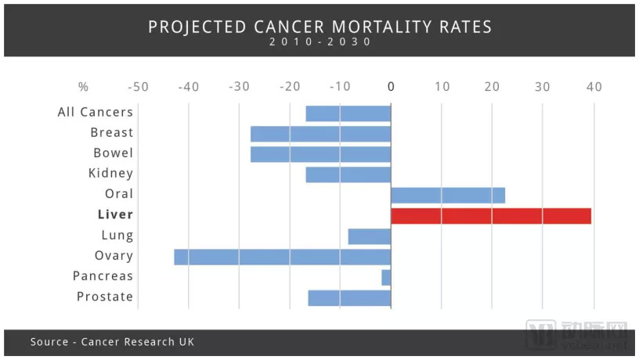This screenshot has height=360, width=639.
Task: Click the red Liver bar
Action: [491, 215]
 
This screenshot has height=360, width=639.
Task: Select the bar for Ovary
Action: [282, 257]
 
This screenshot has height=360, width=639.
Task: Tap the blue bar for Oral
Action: [448, 195]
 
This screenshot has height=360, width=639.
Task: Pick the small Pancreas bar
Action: [386, 277]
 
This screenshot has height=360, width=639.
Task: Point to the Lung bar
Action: [369, 236]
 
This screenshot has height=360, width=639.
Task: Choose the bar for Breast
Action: [320, 134]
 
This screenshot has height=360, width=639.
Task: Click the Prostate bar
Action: [349, 298]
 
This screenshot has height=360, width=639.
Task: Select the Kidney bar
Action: [348, 175]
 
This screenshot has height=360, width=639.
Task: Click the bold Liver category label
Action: [115, 214]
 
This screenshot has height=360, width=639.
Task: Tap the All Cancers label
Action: [96, 112]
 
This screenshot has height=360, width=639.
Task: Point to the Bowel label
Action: [114, 153]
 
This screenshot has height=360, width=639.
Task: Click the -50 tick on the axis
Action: [138, 87]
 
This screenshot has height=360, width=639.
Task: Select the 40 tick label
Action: [594, 87]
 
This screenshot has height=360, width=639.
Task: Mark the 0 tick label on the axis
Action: [391, 87]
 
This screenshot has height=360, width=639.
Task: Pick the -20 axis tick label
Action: [290, 87]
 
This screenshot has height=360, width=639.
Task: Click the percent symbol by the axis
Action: [84, 87]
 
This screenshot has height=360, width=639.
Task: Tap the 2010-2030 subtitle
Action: [319, 42]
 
